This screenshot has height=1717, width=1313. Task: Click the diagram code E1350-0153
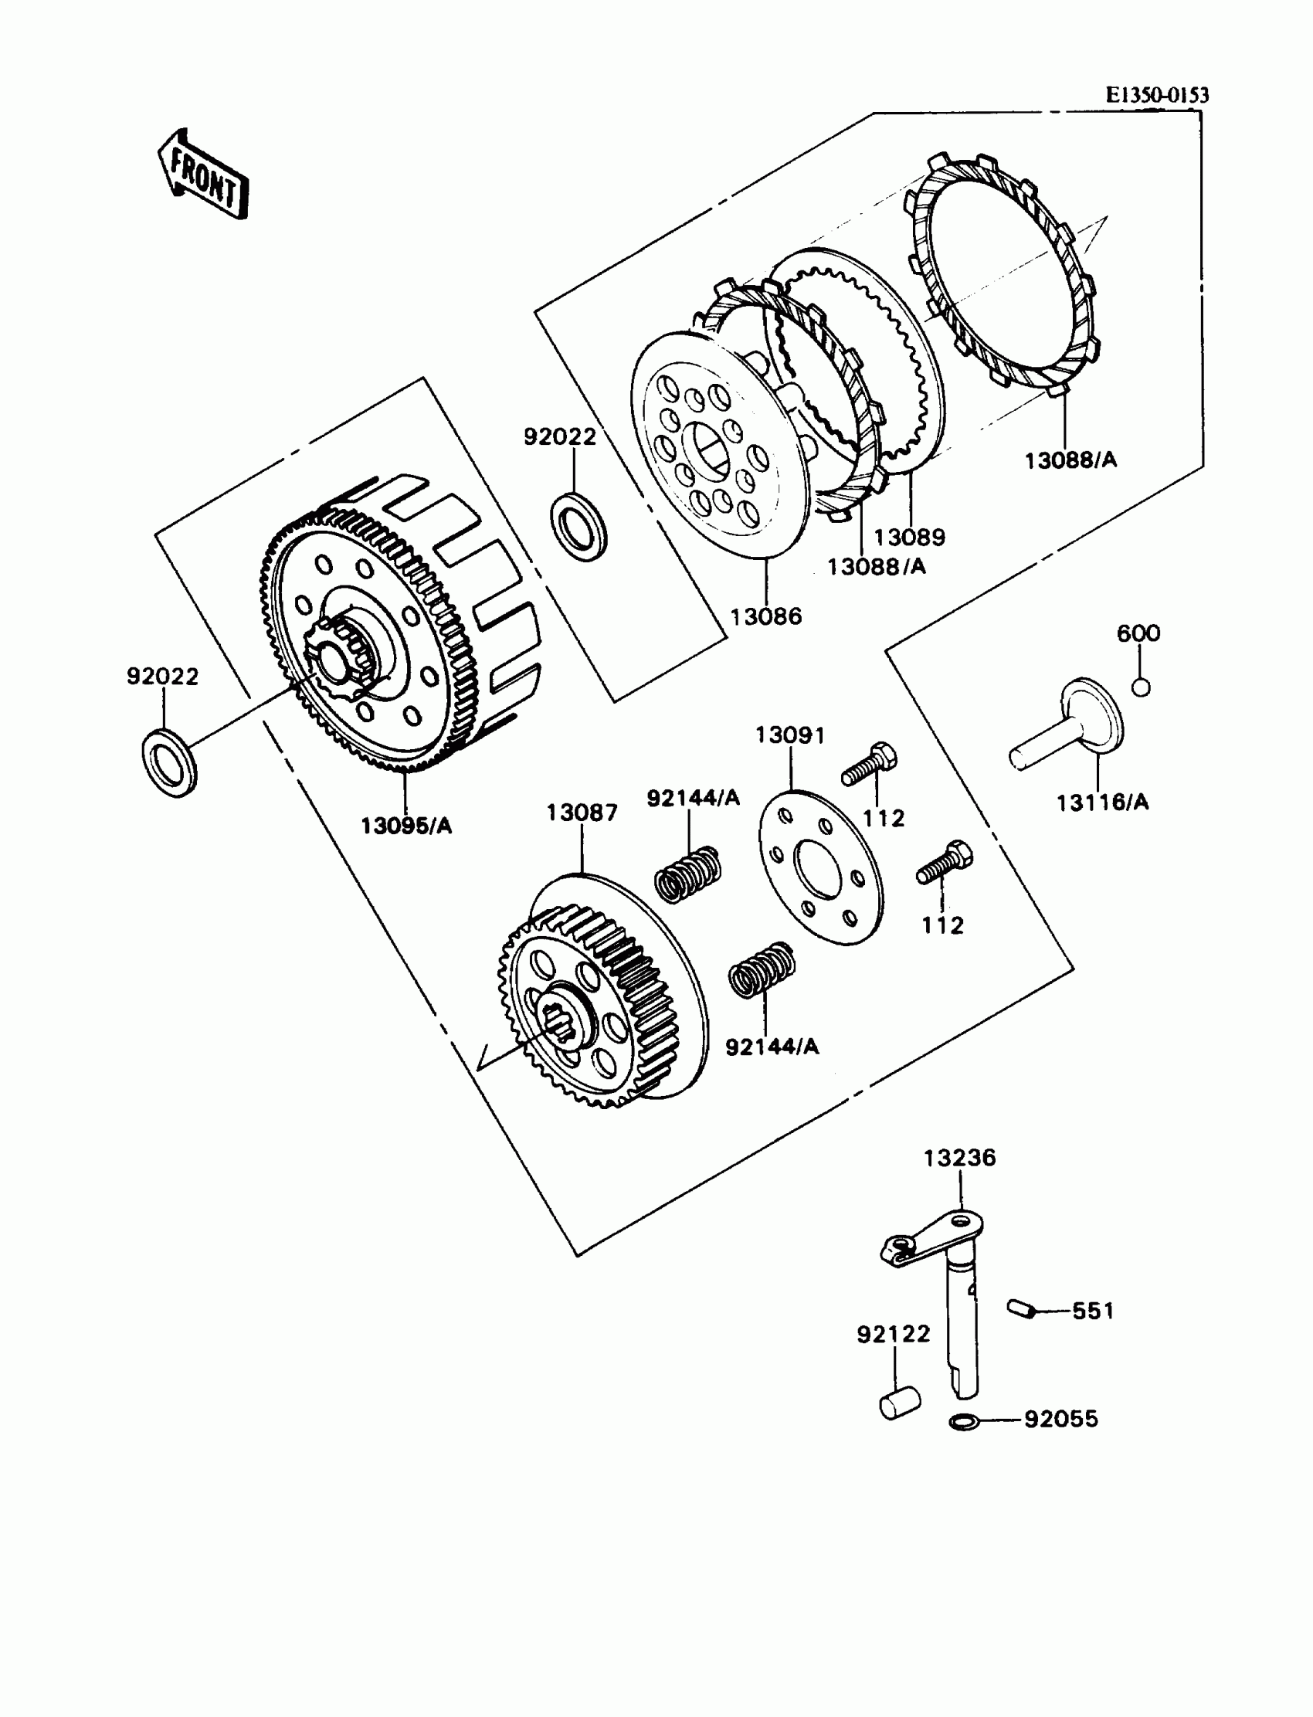1157,95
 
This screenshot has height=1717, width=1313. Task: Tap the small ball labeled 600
1141,687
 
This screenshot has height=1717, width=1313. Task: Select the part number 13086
766,616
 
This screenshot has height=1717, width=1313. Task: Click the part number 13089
909,538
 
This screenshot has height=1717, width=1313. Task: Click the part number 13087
582,813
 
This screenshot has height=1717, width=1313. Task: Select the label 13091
790,735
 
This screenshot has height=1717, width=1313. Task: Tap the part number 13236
960,1158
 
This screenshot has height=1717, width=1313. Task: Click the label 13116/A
1103,802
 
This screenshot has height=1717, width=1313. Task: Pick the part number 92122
894,1334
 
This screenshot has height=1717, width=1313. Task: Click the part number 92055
1061,1418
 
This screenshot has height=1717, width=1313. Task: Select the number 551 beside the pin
1094,1311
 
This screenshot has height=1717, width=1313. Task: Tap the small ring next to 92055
965,1421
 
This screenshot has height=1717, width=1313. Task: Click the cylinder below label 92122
900,1403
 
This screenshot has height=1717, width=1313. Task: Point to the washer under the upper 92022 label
578,525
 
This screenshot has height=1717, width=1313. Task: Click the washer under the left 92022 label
169,763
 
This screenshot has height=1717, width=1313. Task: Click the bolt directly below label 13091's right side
869,764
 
